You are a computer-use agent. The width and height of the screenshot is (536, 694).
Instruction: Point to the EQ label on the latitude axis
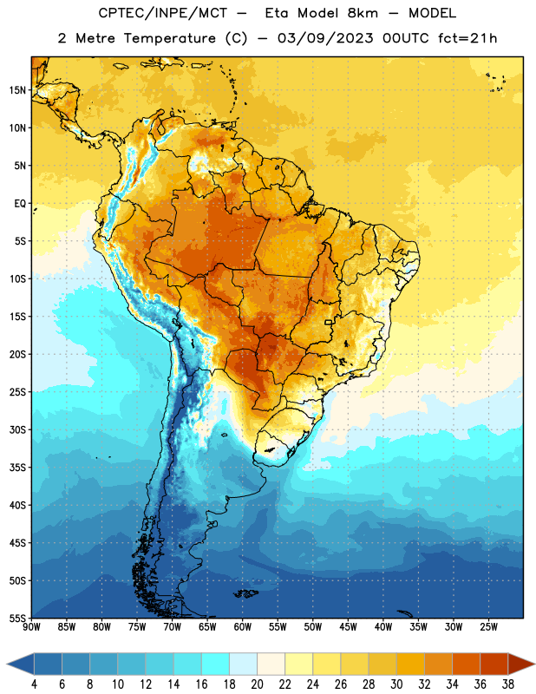pyautogui.click(x=20, y=204)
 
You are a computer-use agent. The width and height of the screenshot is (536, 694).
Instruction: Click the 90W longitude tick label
pyautogui.click(x=31, y=627)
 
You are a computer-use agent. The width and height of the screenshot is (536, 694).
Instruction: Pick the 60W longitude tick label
pyautogui.click(x=243, y=627)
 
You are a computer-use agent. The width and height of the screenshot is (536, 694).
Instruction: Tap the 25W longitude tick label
pyautogui.click(x=488, y=627)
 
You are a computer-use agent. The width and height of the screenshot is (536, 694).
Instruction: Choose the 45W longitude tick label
pyautogui.click(x=349, y=627)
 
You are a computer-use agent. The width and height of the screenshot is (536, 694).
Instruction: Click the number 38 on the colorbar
pyautogui.click(x=507, y=684)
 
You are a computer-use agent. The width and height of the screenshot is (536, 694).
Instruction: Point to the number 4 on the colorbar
pyautogui.click(x=34, y=684)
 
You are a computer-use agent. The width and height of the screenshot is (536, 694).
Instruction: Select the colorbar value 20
pyautogui.click(x=257, y=684)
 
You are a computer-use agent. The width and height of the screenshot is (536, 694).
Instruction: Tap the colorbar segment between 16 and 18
pyautogui.click(x=216, y=664)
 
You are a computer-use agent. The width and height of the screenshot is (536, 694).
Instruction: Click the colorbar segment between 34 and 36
pyautogui.click(x=466, y=664)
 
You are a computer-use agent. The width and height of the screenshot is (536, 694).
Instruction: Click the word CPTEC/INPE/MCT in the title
pyautogui.click(x=163, y=14)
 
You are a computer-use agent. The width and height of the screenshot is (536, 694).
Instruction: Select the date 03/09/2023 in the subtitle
pyautogui.click(x=325, y=38)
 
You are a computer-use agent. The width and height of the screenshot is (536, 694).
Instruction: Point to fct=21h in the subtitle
pyautogui.click(x=467, y=38)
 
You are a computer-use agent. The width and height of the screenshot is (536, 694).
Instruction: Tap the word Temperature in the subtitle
pyautogui.click(x=169, y=39)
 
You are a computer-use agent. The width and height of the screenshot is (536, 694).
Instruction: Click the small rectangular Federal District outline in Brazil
pyautogui.click(x=329, y=322)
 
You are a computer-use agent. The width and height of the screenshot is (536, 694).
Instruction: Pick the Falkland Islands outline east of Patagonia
pyautogui.click(x=246, y=593)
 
